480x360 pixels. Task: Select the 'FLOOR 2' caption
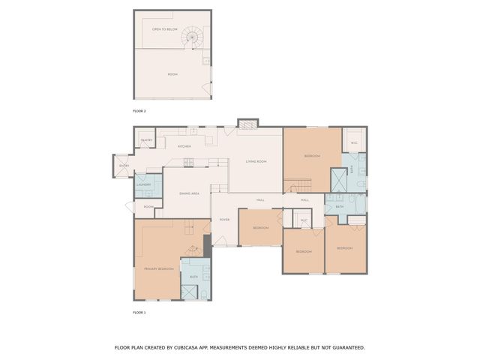pyautogui.click(x=139, y=111)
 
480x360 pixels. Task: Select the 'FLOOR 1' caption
pyautogui.click(x=139, y=312)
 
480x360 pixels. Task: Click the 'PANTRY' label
pyautogui.click(x=146, y=140)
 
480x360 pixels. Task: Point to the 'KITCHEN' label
pyautogui.click(x=184, y=146)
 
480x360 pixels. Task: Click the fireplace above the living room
pyautogui.click(x=247, y=123)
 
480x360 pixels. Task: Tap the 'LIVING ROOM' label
pyautogui.click(x=256, y=161)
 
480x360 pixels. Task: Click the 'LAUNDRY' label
pyautogui.click(x=144, y=184)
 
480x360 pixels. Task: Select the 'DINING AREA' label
pyautogui.click(x=189, y=193)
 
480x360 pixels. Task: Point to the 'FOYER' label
pyautogui.click(x=224, y=220)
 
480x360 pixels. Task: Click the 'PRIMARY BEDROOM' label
pyautogui.click(x=159, y=268)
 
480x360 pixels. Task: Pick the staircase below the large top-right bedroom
pyautogui.click(x=298, y=185)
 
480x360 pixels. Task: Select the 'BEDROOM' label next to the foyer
pyautogui.click(x=260, y=227)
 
